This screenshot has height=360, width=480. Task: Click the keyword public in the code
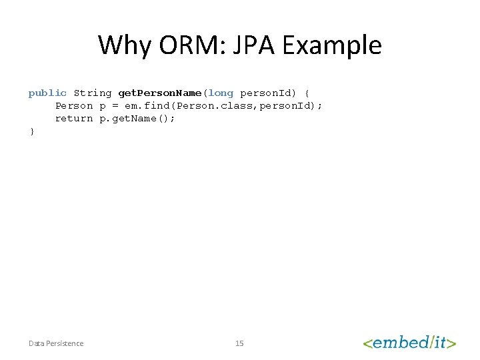coord(47,93)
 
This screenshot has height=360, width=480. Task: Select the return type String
coord(93,93)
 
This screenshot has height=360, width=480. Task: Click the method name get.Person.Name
coord(159,93)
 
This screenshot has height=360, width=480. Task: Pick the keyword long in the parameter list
coord(221,93)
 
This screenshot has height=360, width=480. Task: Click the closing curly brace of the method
coord(31,131)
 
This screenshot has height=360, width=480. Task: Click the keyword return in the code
coord(74,118)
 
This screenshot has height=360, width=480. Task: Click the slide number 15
coord(239,343)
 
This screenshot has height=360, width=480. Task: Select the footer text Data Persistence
coord(56,343)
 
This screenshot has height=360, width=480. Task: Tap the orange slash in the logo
coord(431,343)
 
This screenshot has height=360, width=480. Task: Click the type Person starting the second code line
coord(74,105)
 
